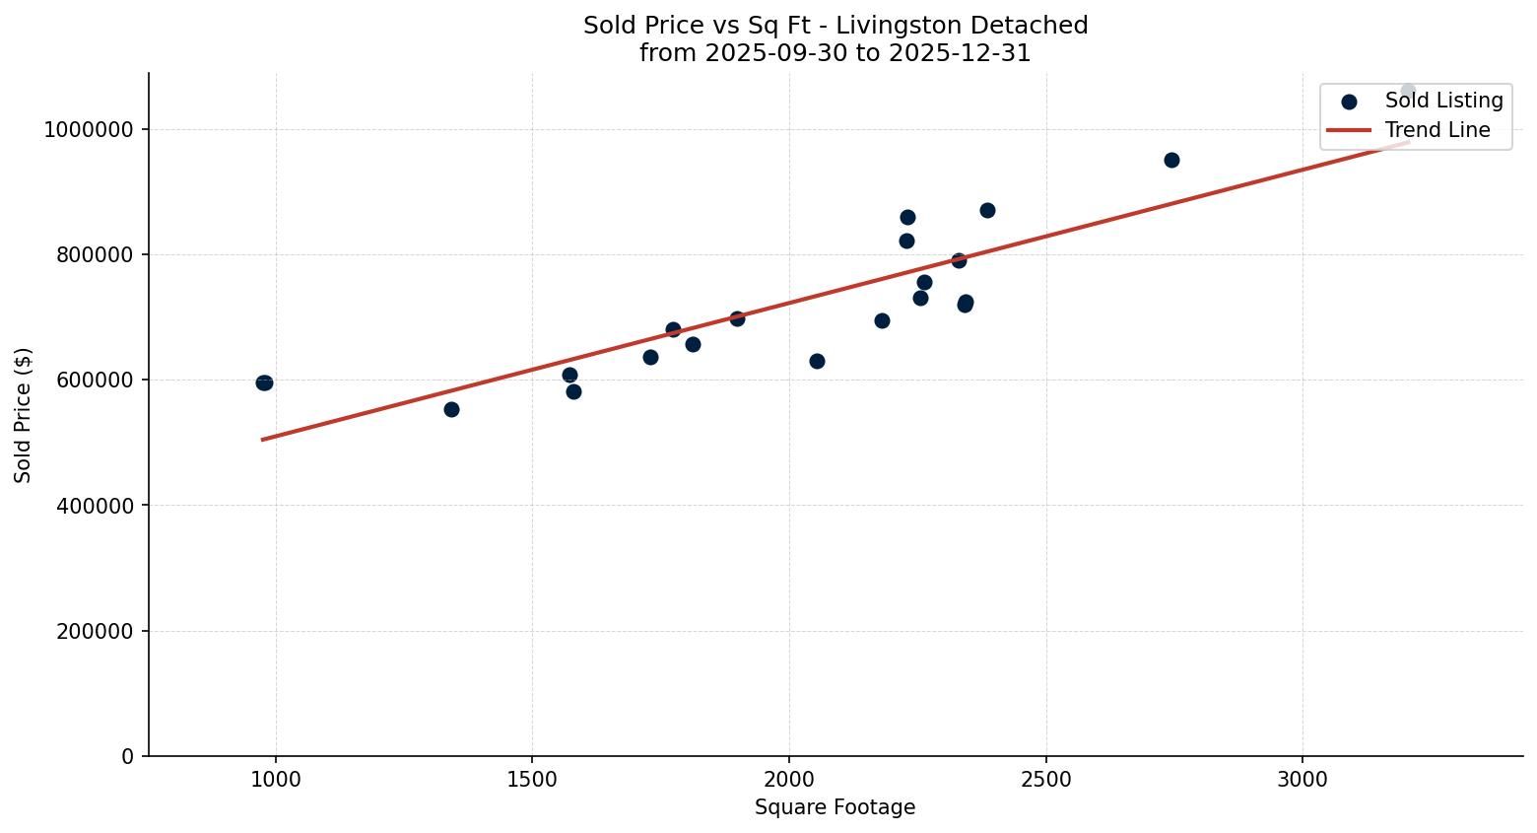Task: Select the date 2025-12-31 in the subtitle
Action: point(960,53)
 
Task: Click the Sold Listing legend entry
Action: point(1443,101)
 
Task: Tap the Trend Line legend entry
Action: point(1437,130)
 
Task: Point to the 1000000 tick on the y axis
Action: point(89,130)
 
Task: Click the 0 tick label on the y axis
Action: point(128,756)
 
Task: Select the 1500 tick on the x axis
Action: point(532,780)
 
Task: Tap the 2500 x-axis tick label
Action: point(1045,780)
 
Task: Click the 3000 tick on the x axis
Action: point(1303,780)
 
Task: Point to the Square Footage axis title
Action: point(835,808)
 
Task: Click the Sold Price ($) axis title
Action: point(24,415)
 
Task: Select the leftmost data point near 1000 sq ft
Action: point(264,382)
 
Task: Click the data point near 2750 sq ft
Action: point(1171,160)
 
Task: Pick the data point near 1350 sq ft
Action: point(451,409)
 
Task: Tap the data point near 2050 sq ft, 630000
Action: point(817,361)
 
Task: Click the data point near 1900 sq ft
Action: point(737,318)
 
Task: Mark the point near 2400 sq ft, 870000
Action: point(987,210)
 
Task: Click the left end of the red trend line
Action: point(262,439)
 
